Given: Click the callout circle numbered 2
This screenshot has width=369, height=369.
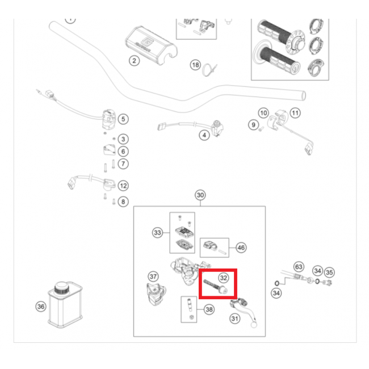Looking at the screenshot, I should [134, 61].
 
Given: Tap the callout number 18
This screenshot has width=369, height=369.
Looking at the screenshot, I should [196, 65].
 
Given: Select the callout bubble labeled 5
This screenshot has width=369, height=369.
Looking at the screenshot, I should [123, 119].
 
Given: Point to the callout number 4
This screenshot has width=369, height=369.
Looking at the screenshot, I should [203, 135].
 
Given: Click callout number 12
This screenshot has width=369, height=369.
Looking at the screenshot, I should [123, 186].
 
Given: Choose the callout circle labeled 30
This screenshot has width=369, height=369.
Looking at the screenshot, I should [200, 195].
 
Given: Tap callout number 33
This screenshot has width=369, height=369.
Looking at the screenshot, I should [157, 232].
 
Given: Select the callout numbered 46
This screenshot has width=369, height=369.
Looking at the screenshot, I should [241, 248].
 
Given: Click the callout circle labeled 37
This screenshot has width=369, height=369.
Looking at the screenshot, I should [153, 276].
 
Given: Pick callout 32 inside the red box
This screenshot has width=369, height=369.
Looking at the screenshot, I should [224, 278].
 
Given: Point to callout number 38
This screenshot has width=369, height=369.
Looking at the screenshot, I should [209, 310].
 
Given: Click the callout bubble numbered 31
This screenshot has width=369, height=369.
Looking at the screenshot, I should [234, 319].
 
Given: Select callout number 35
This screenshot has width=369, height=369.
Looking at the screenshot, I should [329, 272].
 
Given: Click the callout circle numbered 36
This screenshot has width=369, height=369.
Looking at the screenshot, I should [40, 307].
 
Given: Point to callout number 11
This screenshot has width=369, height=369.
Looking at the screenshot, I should [295, 113].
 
